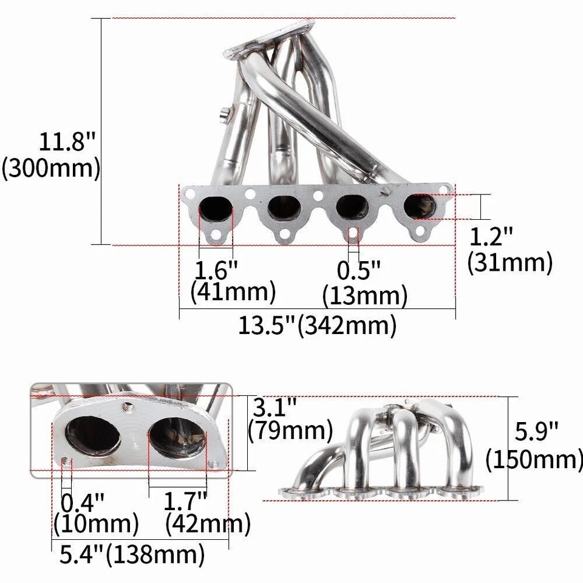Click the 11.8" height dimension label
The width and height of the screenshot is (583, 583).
[x=67, y=143]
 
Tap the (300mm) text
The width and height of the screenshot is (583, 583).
[x=51, y=168]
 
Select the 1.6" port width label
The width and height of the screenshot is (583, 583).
[x=215, y=268]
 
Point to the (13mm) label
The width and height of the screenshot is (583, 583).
[x=364, y=296]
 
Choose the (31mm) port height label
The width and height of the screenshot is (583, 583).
[x=510, y=263]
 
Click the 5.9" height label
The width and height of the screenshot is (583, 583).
[x=537, y=432]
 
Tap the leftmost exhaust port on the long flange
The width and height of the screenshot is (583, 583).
[x=216, y=210]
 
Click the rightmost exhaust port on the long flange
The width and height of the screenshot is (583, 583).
[x=420, y=207]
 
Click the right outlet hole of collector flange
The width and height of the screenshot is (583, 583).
[x=175, y=436]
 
